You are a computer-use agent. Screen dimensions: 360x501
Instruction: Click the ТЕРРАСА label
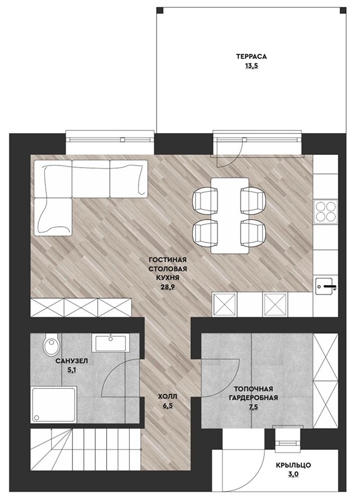point(251,57)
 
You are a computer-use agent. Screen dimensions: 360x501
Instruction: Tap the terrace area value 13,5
point(251,66)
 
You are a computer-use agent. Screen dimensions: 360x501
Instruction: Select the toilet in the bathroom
point(51,344)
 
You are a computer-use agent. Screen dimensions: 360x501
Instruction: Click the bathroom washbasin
point(111,343)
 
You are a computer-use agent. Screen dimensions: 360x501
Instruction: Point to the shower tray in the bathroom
point(54,405)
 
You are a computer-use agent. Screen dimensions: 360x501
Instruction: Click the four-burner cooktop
point(325,211)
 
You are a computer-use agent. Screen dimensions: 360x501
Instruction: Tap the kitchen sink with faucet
point(325,285)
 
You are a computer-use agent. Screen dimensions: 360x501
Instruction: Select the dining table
point(230,216)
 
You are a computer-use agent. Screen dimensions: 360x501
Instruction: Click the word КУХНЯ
point(168,278)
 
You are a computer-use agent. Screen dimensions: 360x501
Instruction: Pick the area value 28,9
point(168,287)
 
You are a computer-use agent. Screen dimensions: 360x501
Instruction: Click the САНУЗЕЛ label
point(71,361)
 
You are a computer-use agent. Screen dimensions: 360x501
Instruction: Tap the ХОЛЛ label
point(168,397)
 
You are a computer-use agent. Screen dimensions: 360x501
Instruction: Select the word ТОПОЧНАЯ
point(253,389)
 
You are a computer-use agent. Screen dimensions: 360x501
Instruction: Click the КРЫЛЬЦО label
point(293,465)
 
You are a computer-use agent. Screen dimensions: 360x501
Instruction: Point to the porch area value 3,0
point(293,474)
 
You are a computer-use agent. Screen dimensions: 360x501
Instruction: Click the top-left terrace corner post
point(160,10)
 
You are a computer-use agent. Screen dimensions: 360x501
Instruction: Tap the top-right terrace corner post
point(343,10)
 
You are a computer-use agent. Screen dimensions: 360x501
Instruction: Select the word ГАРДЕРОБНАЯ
point(253,398)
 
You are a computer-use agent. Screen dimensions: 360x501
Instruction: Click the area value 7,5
point(253,407)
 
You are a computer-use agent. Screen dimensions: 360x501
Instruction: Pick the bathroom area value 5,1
point(71,370)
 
